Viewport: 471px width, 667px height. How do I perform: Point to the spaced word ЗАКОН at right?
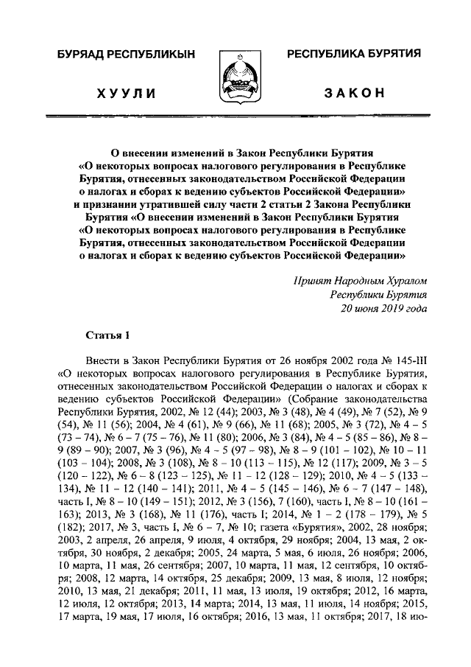(354, 93)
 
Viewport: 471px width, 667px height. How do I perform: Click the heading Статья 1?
(107, 335)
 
